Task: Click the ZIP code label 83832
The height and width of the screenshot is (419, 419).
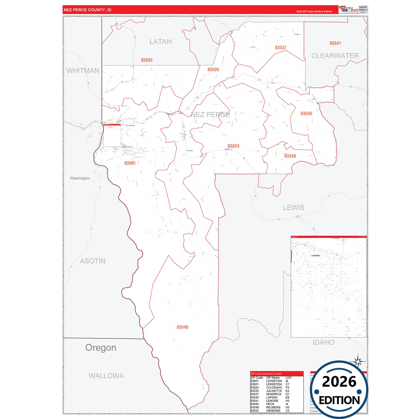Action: pos(147,60)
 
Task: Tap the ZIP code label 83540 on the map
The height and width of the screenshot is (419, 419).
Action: pos(182,327)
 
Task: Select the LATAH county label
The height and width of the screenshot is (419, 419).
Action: pos(161,42)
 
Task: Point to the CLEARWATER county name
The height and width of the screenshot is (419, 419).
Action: pos(335,56)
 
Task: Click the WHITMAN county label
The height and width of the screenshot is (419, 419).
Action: pos(83,71)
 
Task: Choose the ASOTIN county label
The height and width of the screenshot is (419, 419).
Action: pos(93,261)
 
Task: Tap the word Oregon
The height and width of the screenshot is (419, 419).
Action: pos(101,347)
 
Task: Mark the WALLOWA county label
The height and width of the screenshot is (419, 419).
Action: pos(106,376)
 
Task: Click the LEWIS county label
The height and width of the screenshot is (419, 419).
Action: pos(293,207)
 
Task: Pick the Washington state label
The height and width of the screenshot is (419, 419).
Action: pos(80,178)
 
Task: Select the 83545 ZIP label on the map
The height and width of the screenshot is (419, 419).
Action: pos(306,114)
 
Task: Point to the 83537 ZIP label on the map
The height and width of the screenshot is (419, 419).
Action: pos(281,48)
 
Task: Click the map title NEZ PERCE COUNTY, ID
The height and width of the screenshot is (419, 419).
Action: pos(88,10)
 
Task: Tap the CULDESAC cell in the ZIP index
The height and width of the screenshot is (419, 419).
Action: pos(274,387)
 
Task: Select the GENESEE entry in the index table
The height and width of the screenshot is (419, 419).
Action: pos(273,411)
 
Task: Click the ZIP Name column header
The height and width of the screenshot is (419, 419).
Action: pos(273,378)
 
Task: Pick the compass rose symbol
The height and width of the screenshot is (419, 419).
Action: pos(358,362)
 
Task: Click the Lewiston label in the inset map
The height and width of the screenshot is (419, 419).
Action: pos(315,255)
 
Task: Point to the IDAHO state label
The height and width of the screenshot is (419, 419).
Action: pos(323,342)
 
